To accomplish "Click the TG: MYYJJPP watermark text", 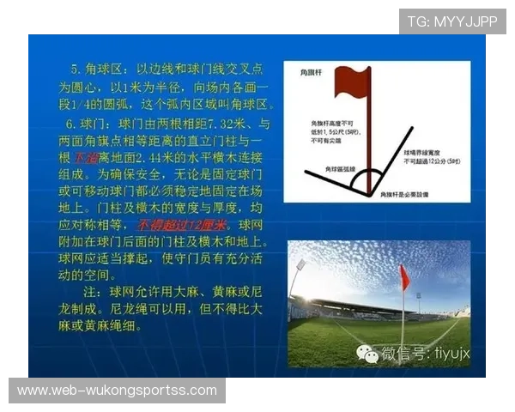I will point(451,21).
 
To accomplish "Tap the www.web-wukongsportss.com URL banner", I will point(117,391).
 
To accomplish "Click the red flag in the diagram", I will point(352,83).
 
